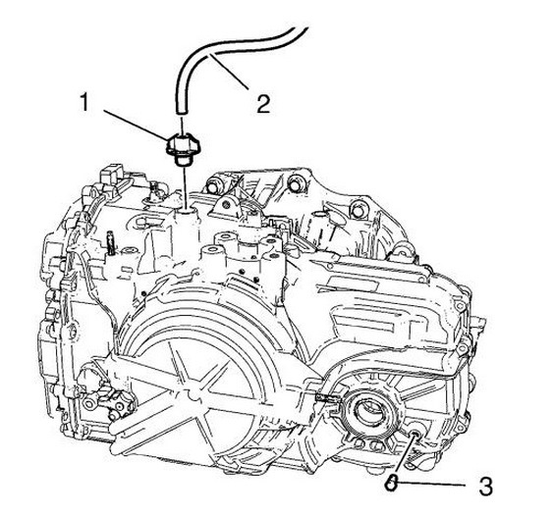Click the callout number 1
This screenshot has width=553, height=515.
[x=83, y=102]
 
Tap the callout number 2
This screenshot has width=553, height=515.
[x=263, y=104]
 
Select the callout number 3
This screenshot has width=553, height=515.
[x=485, y=487]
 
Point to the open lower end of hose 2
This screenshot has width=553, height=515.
[x=181, y=111]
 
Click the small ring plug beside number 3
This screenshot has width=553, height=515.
[x=390, y=484]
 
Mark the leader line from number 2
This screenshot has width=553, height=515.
[x=229, y=71]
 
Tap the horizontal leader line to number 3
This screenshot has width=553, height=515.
[x=430, y=485]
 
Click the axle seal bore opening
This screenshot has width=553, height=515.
[x=369, y=410]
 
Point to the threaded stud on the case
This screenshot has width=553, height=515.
[x=111, y=242]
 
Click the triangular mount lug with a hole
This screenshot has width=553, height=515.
[x=226, y=205]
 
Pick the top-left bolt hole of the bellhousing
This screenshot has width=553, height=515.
[x=211, y=186]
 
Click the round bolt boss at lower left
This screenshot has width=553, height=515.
[x=90, y=403]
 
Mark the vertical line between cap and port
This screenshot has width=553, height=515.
[x=183, y=188]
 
